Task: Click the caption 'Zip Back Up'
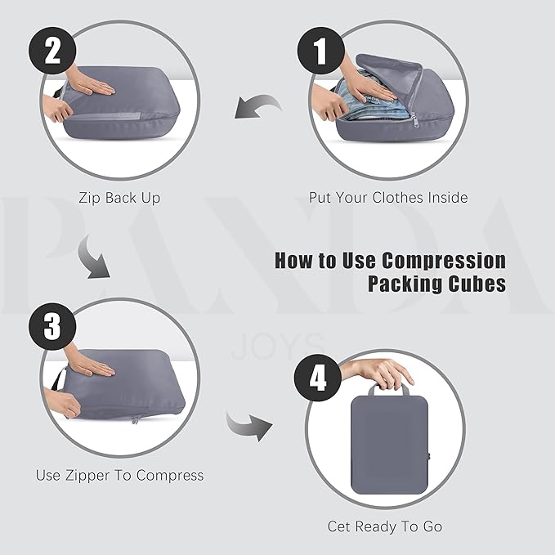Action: (119, 198)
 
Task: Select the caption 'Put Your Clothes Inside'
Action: (388, 198)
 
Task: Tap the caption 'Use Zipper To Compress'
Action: (119, 475)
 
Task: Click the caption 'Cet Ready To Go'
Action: (385, 526)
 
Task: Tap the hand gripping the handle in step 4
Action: (380, 371)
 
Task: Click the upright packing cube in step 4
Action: (389, 445)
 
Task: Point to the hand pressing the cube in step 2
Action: (95, 87)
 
